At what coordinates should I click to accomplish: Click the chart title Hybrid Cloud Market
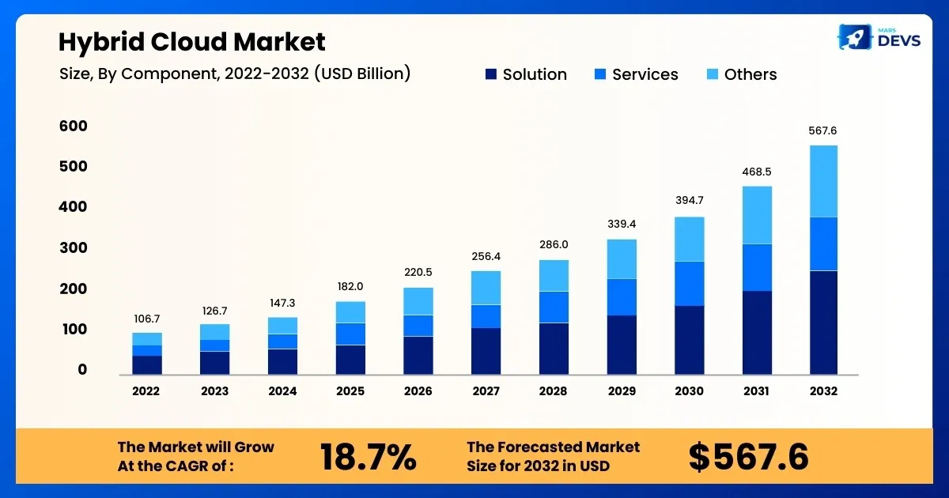[x=192, y=42]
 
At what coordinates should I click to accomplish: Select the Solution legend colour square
[x=490, y=74]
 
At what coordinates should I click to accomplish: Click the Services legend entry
[x=636, y=74]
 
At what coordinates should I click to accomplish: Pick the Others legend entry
[x=740, y=74]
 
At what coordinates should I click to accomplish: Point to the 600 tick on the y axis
[x=73, y=126]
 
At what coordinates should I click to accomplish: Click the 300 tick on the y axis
[x=73, y=248]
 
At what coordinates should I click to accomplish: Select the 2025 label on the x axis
[x=350, y=391]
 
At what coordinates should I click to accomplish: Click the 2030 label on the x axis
[x=689, y=391]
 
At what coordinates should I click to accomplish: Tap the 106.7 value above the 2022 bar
[x=146, y=319]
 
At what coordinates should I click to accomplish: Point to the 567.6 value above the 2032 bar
[x=823, y=131]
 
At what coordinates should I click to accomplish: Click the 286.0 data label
[x=554, y=245]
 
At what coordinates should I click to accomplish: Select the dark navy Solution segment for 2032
[x=823, y=322]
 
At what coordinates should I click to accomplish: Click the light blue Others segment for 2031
[x=756, y=215]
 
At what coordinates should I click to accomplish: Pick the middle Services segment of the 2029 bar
[x=621, y=296]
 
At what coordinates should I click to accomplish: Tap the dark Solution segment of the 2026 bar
[x=418, y=355]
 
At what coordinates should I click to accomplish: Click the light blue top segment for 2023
[x=214, y=332]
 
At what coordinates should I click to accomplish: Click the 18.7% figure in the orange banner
[x=368, y=457]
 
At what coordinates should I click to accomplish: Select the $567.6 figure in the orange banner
[x=747, y=457]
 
